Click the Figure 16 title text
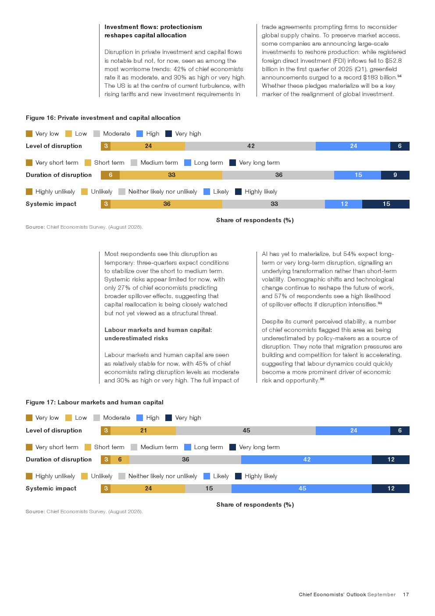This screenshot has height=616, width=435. [x=103, y=118]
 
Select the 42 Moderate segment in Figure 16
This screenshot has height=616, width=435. [x=250, y=146]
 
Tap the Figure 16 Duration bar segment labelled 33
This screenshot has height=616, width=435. [x=171, y=175]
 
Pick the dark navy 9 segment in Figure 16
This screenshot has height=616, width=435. [x=395, y=175]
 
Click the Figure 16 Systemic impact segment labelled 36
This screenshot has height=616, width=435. [x=167, y=204]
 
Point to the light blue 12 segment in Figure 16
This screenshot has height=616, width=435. [x=344, y=204]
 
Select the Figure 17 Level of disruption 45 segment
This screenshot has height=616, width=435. [x=246, y=431]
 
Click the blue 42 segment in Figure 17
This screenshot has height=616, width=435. [x=307, y=460]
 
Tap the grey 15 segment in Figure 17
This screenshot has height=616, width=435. [x=209, y=489]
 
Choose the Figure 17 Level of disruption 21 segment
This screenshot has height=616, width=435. [x=143, y=431]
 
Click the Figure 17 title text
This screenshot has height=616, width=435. [x=94, y=402]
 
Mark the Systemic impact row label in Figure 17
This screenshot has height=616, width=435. [x=51, y=489]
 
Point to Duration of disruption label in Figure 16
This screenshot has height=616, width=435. [x=59, y=175]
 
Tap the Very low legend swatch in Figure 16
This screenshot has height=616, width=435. [x=29, y=134]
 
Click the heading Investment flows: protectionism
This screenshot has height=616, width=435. [x=153, y=27]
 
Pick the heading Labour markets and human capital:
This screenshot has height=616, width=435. [x=158, y=330]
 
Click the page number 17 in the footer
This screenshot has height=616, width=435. [x=406, y=594]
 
